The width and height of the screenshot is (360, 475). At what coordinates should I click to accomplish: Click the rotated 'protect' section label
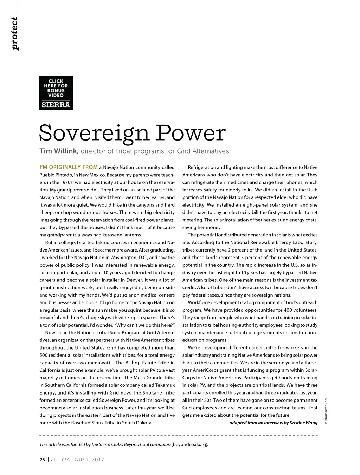[15, 33]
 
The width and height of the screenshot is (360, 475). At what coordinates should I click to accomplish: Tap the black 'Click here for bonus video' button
[56, 88]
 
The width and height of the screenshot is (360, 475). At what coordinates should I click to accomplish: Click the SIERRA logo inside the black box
[56, 104]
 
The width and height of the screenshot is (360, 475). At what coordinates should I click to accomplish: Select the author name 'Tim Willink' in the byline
[58, 151]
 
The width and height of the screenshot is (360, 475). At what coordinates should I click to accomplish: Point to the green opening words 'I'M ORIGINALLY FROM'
[68, 167]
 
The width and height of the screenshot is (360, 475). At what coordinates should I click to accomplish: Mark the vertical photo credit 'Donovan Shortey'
[326, 411]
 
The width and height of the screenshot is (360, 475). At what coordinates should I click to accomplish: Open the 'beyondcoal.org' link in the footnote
[189, 444]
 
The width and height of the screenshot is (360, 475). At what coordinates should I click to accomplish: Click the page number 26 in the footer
[42, 460]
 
